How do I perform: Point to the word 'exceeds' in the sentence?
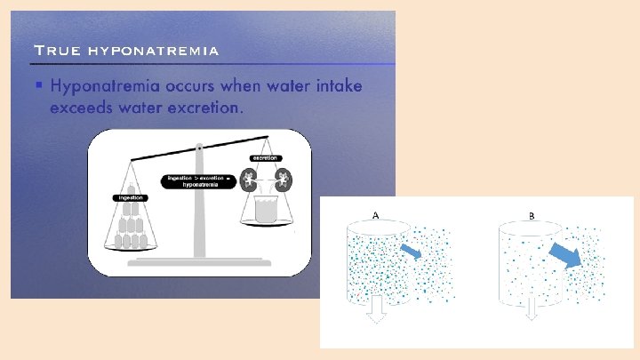[86, 108]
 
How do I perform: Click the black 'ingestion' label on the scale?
[128, 196]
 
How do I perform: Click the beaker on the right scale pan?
[264, 211]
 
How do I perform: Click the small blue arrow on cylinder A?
[411, 252]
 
